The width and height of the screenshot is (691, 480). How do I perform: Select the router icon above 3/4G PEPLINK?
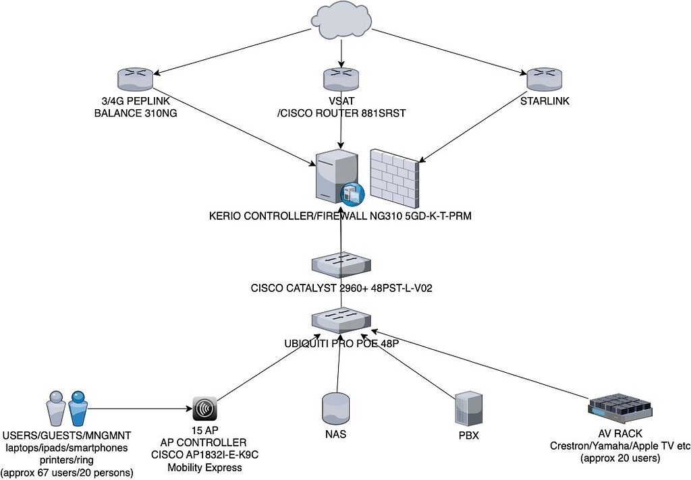click(x=136, y=79)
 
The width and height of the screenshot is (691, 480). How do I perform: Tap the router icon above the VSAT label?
click(x=343, y=79)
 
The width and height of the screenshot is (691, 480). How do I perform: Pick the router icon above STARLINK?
click(x=545, y=79)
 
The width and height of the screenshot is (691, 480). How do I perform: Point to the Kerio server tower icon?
click(x=334, y=175)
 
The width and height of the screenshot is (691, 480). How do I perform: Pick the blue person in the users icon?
click(x=78, y=408)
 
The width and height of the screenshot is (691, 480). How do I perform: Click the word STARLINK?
click(x=545, y=102)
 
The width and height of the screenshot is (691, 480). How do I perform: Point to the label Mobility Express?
click(x=204, y=467)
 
